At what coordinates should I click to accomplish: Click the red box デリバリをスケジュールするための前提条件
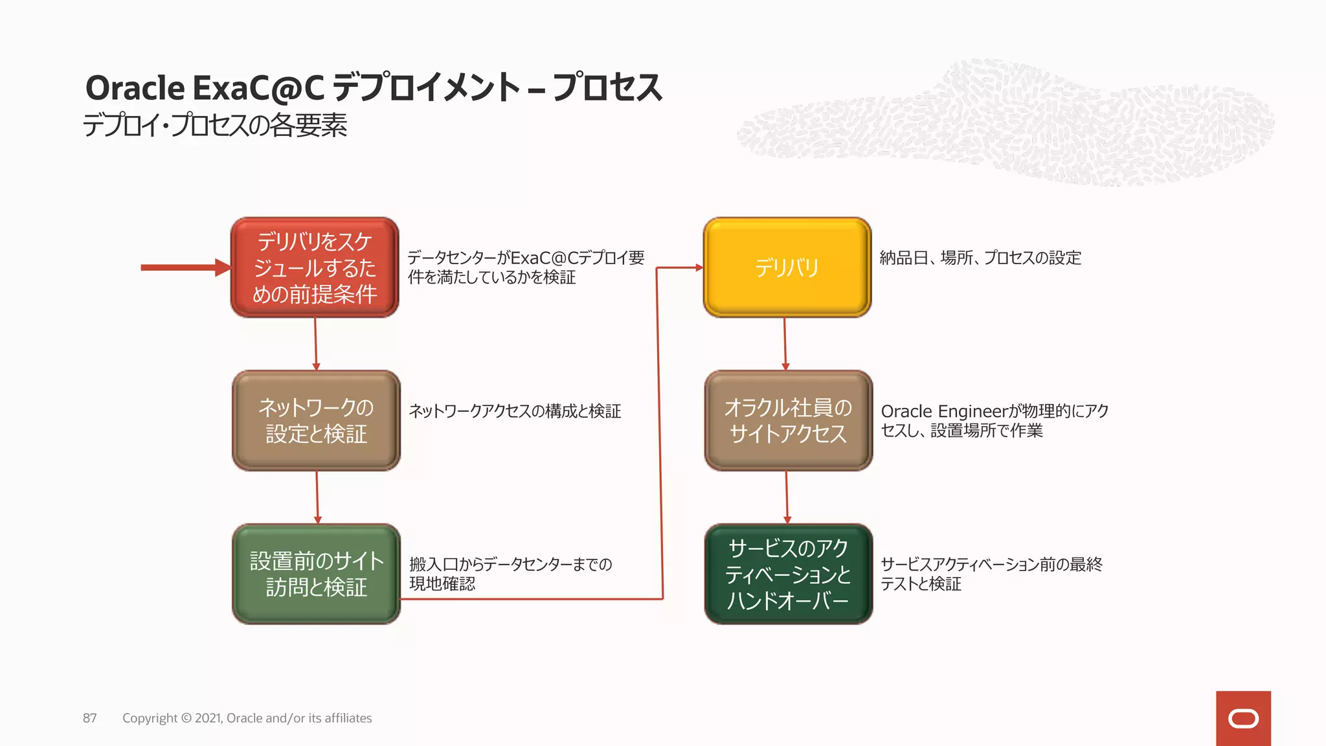pos(315,267)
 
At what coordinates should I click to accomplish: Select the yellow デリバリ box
pos(787,267)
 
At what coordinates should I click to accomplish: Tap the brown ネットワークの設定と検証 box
pos(316,420)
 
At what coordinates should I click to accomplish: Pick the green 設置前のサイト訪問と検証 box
pos(316,574)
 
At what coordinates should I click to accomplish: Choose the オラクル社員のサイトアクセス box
pos(788,420)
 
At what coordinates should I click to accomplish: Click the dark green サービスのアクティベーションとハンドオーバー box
pos(788,574)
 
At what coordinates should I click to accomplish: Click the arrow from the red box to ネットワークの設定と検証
pos(316,344)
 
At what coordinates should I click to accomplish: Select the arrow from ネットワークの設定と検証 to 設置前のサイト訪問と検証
pos(317,497)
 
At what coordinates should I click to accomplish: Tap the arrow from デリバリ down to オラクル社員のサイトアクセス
pos(785,344)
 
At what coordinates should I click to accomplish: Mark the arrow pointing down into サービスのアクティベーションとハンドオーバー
pos(787,497)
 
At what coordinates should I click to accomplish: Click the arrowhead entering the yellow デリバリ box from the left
pos(699,267)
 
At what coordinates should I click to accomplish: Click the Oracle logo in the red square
pos(1243,718)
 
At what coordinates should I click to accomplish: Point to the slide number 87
pos(90,718)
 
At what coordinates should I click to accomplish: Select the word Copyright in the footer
pos(150,718)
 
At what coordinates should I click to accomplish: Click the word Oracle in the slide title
pos(135,88)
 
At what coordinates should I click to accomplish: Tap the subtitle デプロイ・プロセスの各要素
pos(215,125)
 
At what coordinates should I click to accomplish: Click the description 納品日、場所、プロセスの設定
pos(980,258)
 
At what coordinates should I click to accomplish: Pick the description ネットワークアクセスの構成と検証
pos(515,411)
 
